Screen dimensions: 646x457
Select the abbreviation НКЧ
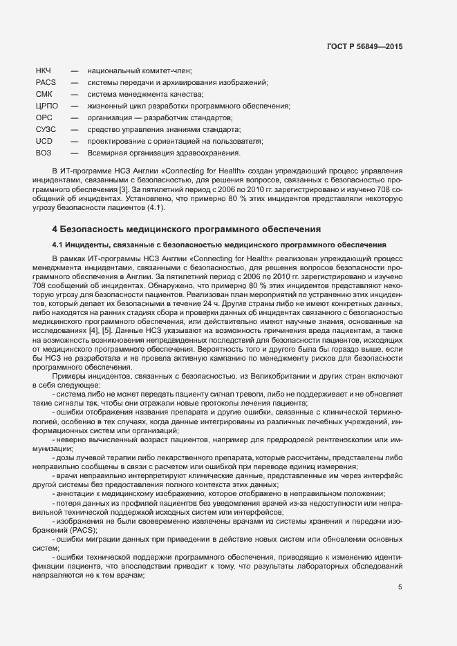pyautogui.click(x=44, y=71)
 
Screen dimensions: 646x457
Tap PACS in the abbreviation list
pyautogui.click(x=45, y=83)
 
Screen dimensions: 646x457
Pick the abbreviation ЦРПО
pyautogui.click(x=47, y=106)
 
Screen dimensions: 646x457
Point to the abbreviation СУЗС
pyautogui.click(x=46, y=129)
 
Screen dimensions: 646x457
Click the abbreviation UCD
pyautogui.click(x=44, y=141)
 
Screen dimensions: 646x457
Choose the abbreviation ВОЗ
pyautogui.click(x=44, y=153)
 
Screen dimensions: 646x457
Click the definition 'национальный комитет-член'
pyautogui.click(x=139, y=71)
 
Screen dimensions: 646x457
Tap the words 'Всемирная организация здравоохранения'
pyautogui.click(x=164, y=153)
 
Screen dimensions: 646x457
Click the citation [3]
pyautogui.click(x=123, y=189)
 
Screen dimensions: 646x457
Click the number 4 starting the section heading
pyautogui.click(x=55, y=229)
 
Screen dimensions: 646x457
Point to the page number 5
pyautogui.click(x=400, y=587)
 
